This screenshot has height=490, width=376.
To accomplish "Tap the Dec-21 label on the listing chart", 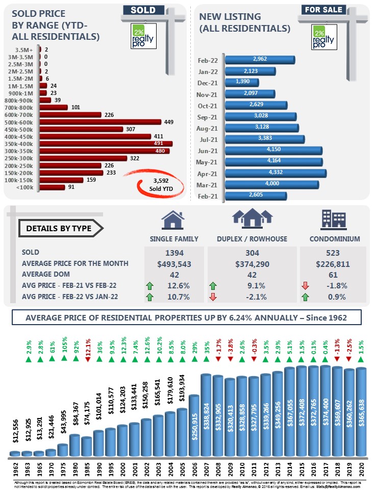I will click(208, 82).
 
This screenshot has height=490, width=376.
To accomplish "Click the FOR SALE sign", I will click(323, 10).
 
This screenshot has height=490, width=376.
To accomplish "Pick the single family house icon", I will click(173, 220).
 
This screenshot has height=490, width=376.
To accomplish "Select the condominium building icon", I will click(333, 219).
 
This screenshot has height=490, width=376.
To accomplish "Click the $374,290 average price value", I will click(252, 263).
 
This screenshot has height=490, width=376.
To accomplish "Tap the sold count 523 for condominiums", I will click(333, 253).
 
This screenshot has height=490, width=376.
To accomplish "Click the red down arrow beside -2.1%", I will click(213, 297).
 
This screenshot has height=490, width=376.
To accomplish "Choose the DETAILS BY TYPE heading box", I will click(59, 228).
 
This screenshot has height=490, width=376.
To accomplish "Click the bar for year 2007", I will click(206, 414).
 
